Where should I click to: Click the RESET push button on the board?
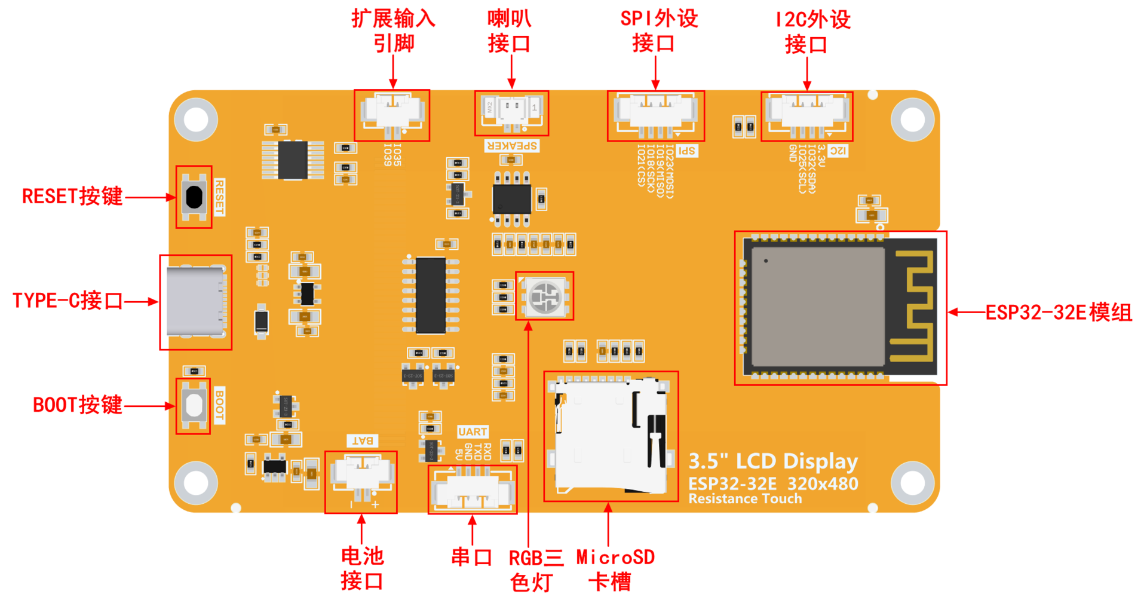(x=194, y=197)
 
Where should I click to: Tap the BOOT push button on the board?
(x=194, y=405)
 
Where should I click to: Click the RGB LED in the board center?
(x=544, y=296)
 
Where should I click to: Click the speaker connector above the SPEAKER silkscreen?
(x=512, y=112)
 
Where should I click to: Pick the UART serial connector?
(x=473, y=490)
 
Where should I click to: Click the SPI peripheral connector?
(x=655, y=115)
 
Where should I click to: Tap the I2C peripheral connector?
(x=806, y=115)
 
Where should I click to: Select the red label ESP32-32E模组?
(x=1058, y=313)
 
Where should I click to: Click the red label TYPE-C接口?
(x=68, y=301)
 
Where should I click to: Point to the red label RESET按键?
(x=72, y=197)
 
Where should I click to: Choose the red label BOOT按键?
(x=78, y=405)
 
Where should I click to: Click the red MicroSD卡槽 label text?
(x=615, y=569)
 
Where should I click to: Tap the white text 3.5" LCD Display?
(x=773, y=461)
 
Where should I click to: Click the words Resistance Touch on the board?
(x=745, y=499)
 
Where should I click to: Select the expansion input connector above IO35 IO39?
(x=392, y=114)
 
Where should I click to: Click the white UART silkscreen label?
(x=473, y=431)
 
